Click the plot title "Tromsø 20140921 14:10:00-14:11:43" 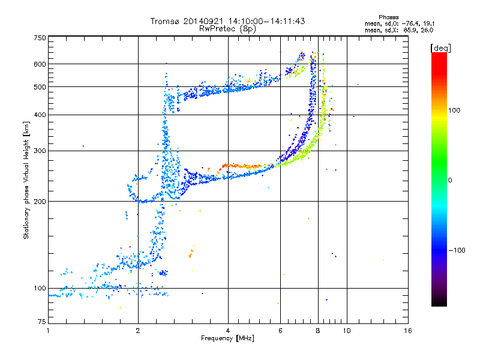pos(227,21)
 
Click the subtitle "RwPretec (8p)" pos(227,29)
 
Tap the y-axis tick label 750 pos(40,38)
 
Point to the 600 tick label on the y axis pos(40,64)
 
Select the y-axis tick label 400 pos(40,115)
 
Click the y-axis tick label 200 pos(40,202)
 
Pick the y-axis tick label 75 pos(42,322)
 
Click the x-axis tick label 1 pos(48,331)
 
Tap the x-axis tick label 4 pos(228,331)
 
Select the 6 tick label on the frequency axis pos(280,331)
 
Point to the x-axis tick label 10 pos(347,331)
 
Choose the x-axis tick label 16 pos(408,331)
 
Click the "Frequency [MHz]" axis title pos(227,338)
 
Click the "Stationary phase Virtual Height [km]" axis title pos(26,180)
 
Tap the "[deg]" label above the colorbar pos(440,48)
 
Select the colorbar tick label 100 pos(454,110)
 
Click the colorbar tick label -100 pos(457,250)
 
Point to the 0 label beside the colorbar pos(450,181)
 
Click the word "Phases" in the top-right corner pos(388,17)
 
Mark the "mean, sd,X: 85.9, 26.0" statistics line pos(399,31)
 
